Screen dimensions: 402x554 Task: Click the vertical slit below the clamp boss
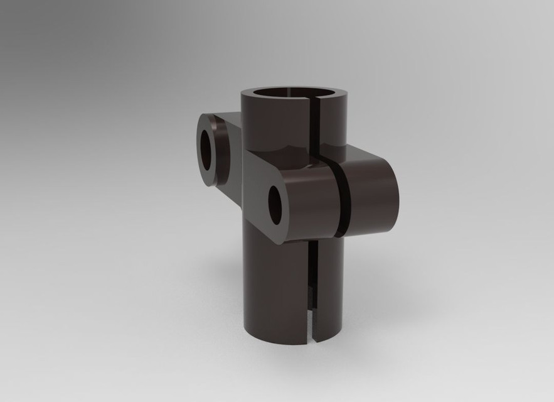tap(315, 283)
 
